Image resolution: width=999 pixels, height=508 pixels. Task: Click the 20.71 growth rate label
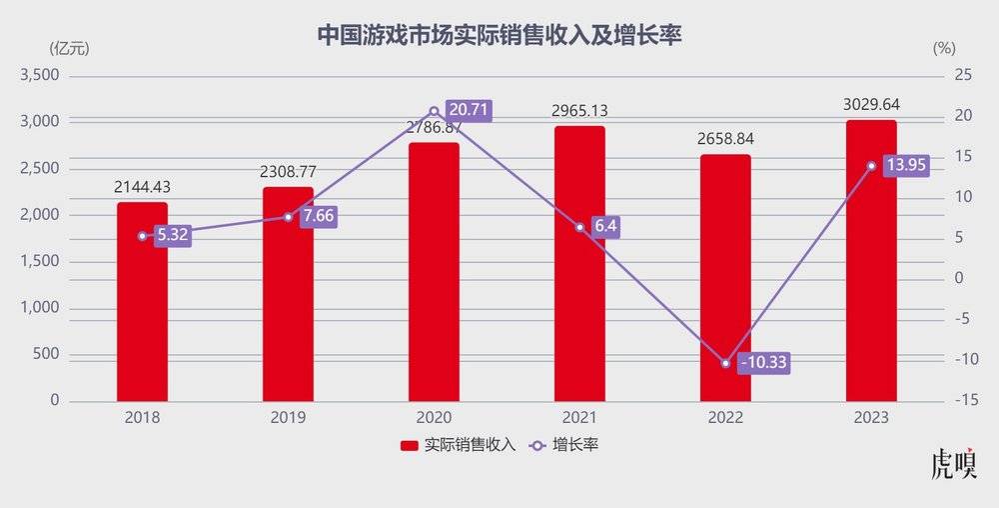468,111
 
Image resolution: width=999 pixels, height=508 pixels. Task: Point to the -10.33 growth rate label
765,363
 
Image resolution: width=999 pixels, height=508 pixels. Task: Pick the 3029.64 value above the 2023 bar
871,104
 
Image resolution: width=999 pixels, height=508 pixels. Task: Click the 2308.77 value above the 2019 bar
288,172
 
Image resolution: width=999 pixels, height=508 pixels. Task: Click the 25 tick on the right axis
963,75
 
